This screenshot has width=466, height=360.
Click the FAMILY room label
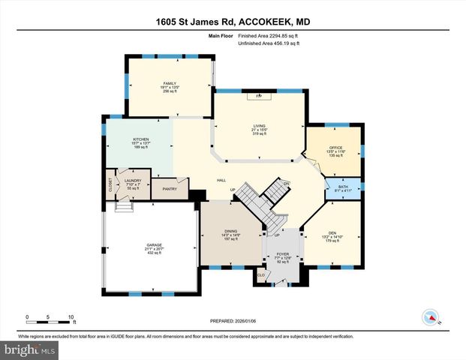tap(169, 82)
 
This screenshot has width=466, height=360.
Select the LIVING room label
tap(260, 127)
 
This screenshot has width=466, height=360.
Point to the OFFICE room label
tap(335, 148)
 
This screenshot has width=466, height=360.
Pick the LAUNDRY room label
tap(133, 181)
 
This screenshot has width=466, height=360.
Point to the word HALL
tap(221, 181)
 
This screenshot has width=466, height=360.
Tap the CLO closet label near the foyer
tap(261, 274)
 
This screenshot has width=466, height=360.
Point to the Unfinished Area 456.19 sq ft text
tap(269, 44)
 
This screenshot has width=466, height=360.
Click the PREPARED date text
tap(233, 320)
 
